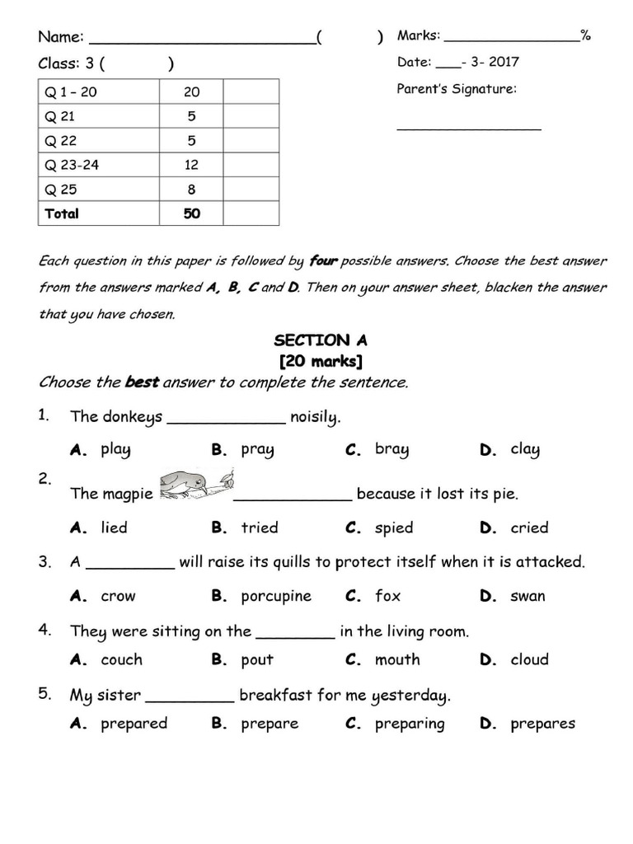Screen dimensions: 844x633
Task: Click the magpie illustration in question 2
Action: coord(195,485)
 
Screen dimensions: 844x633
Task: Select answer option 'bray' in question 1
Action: coord(392,449)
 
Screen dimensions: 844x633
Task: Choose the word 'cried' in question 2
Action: coord(529,527)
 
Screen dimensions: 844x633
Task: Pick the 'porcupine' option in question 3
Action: coord(276,596)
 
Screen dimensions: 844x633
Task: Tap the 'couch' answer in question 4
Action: coord(121,659)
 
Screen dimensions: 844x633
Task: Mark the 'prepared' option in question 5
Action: coord(134,724)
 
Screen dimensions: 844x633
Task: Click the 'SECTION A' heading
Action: coord(321,340)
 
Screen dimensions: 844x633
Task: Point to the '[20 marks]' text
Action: coord(321,361)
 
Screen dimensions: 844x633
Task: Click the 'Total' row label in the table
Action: coord(62,213)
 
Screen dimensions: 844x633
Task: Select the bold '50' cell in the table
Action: coord(191,213)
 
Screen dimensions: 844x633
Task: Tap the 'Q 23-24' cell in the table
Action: coord(72,165)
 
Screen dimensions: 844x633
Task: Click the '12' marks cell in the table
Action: coord(191,165)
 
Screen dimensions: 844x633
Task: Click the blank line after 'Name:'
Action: coord(202,40)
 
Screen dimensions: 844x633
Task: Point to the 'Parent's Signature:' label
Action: coord(457,89)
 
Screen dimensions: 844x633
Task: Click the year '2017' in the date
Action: coord(504,62)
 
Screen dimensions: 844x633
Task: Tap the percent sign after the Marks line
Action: coord(585,35)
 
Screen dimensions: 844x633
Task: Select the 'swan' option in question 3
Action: coord(527,596)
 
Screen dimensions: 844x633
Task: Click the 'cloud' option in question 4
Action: coord(529,659)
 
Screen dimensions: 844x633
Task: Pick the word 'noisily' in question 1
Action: coord(315,417)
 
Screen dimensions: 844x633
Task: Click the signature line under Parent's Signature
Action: coord(469,129)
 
